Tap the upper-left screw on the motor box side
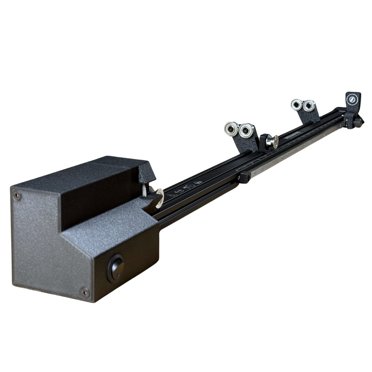pyautogui.click(x=17, y=196)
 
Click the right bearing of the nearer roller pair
pyautogui.click(x=246, y=131)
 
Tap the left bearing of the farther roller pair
pyautogui.click(x=296, y=104)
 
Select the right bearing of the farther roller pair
pyautogui.click(x=308, y=105)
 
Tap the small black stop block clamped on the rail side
pyautogui.click(x=244, y=177)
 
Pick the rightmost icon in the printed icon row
pyautogui.click(x=198, y=183)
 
